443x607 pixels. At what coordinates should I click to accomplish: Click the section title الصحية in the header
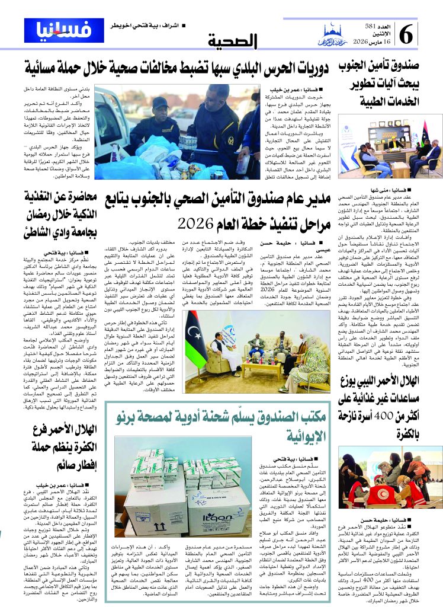pyautogui.click(x=235, y=41)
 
